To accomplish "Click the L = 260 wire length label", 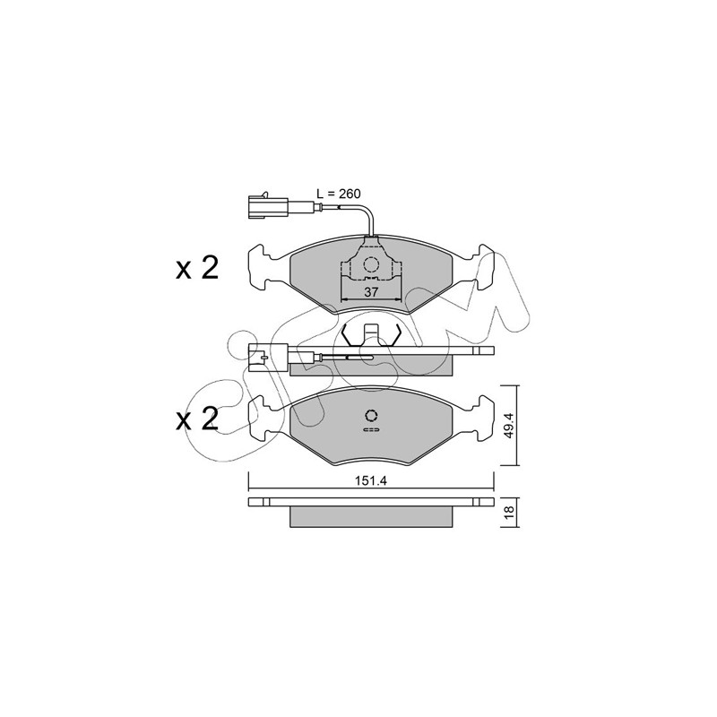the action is tap(339, 194).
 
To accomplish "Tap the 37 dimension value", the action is tap(371, 292).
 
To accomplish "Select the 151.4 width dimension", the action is tap(370, 481).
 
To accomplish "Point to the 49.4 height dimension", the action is tap(510, 425).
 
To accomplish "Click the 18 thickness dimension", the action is tap(510, 511).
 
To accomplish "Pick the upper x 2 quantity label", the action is tap(197, 268).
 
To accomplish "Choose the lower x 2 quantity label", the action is tap(197, 419).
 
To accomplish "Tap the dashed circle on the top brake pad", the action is tap(371, 264).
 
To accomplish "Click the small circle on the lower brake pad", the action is tap(371, 415).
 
